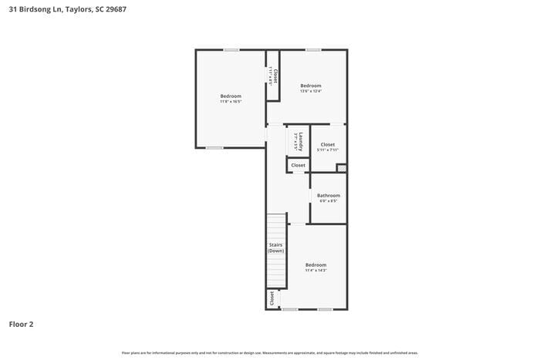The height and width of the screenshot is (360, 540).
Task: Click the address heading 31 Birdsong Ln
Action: coord(67,8)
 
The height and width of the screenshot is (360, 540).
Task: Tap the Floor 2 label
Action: coord(21,325)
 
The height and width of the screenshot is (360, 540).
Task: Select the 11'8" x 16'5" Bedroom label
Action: coord(231,98)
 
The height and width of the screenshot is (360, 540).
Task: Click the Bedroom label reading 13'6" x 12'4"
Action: coord(311,87)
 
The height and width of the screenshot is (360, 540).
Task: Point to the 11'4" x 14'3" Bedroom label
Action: coord(316,267)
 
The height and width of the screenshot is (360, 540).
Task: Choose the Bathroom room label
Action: coord(329,197)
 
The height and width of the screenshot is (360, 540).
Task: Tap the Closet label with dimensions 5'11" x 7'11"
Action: coord(328,146)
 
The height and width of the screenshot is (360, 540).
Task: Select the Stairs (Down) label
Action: coord(275,247)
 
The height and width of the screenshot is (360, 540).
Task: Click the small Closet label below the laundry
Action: coord(298,165)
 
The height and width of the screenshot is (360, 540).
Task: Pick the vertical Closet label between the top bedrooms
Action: coord(274,76)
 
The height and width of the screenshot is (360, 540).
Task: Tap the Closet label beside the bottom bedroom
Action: coord(272,298)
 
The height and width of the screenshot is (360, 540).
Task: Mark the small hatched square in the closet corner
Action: coord(342,168)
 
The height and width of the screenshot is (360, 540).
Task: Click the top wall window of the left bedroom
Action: coord(231,50)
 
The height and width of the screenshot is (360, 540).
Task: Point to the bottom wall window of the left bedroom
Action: coord(214,148)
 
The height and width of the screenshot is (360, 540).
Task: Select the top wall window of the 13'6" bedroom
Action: coord(312,50)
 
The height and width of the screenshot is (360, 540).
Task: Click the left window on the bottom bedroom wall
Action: coord(289,309)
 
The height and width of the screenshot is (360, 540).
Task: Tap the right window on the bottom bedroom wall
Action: coord(325,309)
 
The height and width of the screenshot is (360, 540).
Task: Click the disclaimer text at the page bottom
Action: coord(269,353)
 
